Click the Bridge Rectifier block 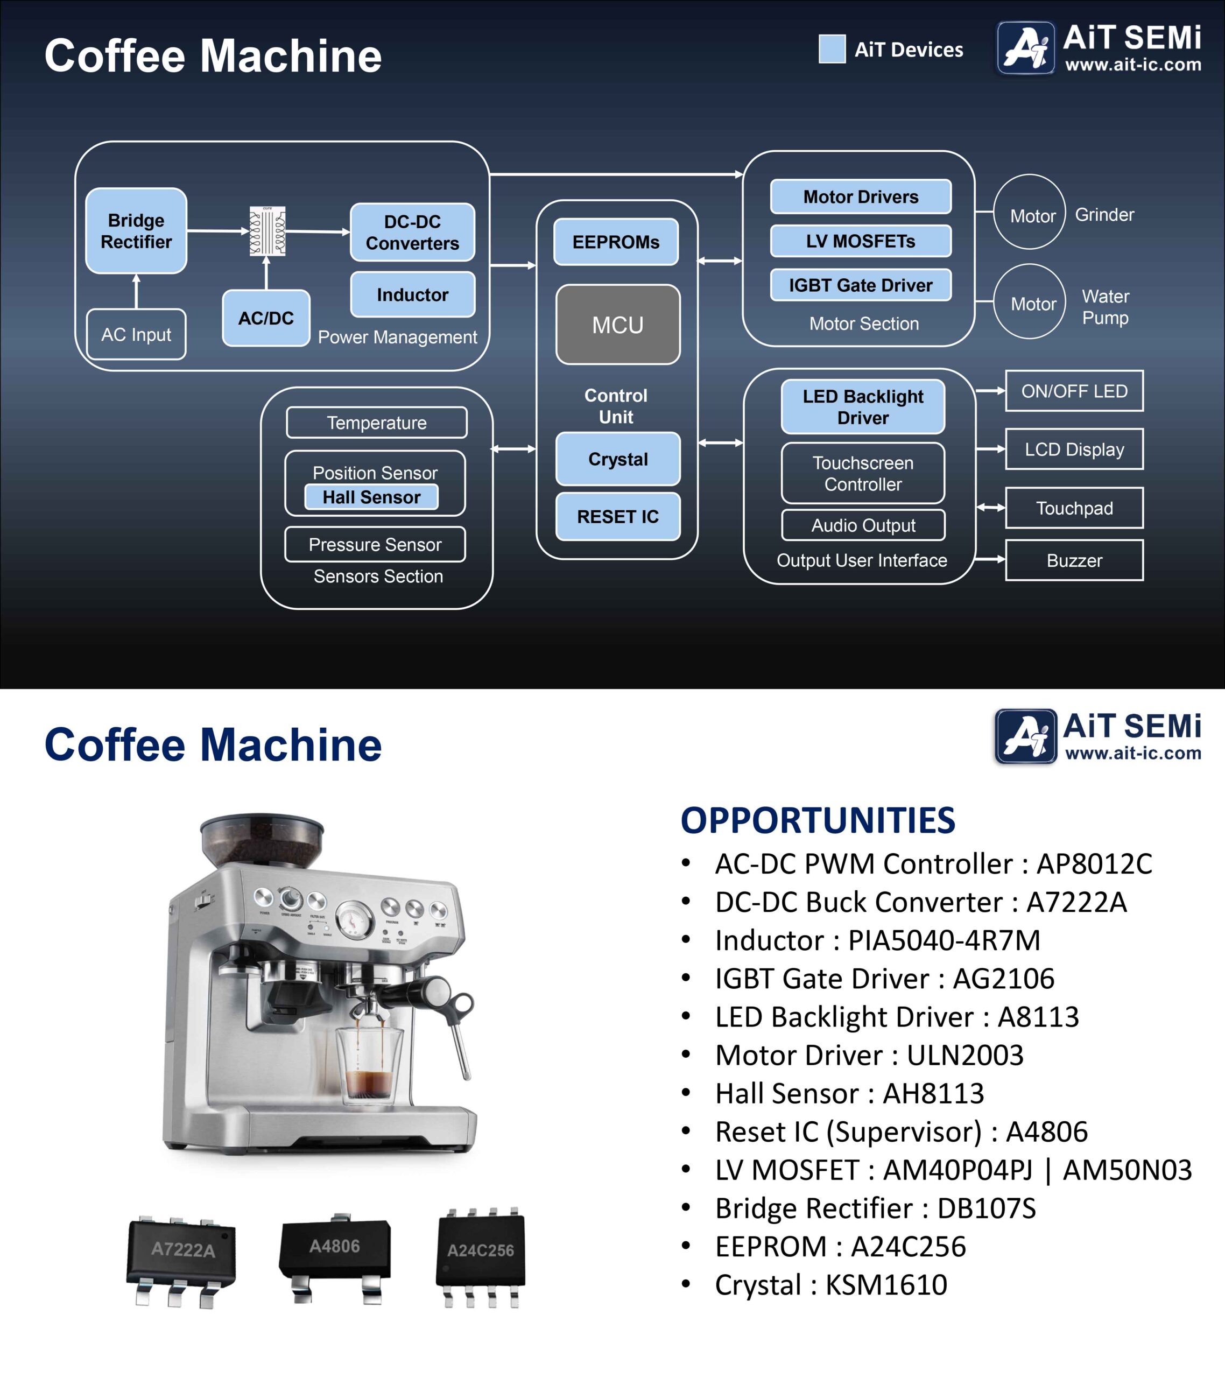click(x=136, y=230)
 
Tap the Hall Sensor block click(x=371, y=497)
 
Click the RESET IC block click(x=617, y=516)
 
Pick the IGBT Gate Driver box click(x=860, y=285)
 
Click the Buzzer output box click(x=1074, y=560)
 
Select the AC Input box click(x=136, y=334)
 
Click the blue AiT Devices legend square click(x=832, y=49)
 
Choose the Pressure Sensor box click(x=375, y=544)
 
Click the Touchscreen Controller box click(x=863, y=473)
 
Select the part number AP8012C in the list click(x=1094, y=863)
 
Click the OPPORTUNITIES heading click(x=818, y=820)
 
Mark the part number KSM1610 click(x=886, y=1285)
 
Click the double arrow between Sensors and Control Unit click(x=513, y=448)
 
